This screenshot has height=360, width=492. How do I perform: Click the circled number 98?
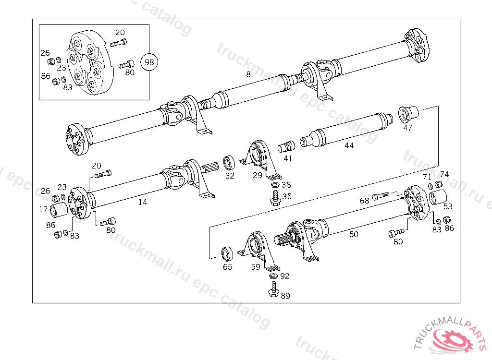click(x=149, y=62)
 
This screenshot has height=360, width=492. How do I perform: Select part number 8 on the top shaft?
click(x=248, y=74)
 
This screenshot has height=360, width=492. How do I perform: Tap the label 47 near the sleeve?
click(x=407, y=128)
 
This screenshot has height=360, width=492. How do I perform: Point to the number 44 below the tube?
click(x=349, y=145)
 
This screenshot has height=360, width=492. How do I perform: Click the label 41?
click(x=288, y=158)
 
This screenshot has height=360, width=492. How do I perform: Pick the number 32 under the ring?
click(x=230, y=176)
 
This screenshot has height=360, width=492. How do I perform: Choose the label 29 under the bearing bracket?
click(x=258, y=176)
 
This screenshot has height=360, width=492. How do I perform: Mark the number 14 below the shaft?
click(x=143, y=202)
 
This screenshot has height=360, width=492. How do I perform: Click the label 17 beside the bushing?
click(x=43, y=209)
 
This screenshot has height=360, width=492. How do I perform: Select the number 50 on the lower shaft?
click(x=354, y=234)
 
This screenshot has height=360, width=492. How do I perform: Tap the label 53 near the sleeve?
click(x=448, y=207)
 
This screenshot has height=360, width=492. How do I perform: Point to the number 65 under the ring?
click(x=227, y=267)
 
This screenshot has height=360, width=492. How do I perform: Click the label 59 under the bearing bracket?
click(x=256, y=267)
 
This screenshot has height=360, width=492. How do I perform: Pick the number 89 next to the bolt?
click(x=285, y=296)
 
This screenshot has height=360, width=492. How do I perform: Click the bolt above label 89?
click(x=273, y=289)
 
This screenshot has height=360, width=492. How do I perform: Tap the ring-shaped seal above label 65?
click(x=226, y=253)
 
